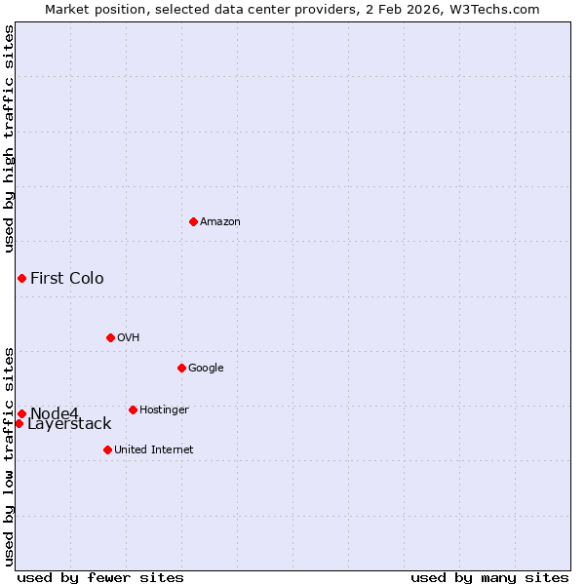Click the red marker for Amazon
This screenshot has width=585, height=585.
coord(193,221)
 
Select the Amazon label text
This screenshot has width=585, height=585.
coord(220,222)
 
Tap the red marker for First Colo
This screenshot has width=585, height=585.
coord(21,279)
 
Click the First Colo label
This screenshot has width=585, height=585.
coord(67,279)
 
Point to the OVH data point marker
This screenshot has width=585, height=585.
coord(110,337)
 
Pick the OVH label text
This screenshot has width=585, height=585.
coord(129,338)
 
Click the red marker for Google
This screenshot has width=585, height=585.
coord(181,368)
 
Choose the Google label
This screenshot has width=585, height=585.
coord(206,369)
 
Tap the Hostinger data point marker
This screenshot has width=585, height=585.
coord(133,409)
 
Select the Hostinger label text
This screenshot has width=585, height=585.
coord(164,410)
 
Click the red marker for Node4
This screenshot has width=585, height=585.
coord(21,413)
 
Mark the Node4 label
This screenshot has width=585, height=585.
coord(55,413)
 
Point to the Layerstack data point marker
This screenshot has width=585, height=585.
coord(19,423)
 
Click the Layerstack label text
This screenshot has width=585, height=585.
coord(69,424)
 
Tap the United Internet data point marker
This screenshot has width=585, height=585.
coord(107,449)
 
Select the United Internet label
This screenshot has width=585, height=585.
coord(154,450)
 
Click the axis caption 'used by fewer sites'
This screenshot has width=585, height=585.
coord(100,578)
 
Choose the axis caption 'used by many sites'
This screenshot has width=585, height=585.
coord(489,578)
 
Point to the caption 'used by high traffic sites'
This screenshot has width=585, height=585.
coord(9,138)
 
